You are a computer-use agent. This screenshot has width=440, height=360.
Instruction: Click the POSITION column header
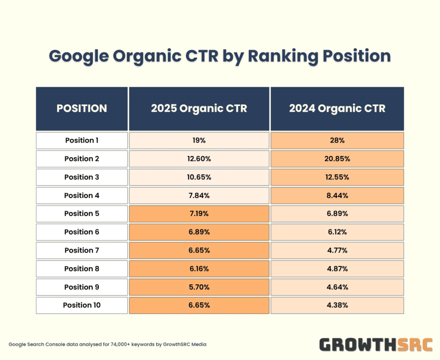[x=82, y=109]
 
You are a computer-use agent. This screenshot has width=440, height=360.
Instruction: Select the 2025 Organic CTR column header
[x=199, y=109]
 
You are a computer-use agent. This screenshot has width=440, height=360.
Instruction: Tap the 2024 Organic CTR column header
[x=337, y=109]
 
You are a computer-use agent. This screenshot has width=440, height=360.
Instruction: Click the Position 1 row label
[x=82, y=140]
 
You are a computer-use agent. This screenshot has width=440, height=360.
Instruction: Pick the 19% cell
[x=199, y=140]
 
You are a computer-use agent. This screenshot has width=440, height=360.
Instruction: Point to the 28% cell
[x=337, y=140]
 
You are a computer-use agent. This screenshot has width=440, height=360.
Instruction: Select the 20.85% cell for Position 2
[x=337, y=159]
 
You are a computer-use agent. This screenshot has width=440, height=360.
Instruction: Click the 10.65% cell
[x=199, y=177]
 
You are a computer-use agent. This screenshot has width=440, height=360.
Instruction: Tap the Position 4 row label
[x=82, y=195]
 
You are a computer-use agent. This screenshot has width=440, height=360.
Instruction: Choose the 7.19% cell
[x=199, y=214]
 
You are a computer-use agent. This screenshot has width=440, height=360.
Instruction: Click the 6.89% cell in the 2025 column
[x=199, y=232]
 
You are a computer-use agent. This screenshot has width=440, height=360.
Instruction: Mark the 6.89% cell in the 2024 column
[x=337, y=214]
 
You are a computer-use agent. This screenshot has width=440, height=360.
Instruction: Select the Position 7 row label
[x=82, y=250]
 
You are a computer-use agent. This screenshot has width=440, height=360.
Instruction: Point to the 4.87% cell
[x=337, y=269]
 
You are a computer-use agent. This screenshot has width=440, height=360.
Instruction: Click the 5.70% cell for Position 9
[x=199, y=287]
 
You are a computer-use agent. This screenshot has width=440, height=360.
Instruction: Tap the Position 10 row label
[x=82, y=305]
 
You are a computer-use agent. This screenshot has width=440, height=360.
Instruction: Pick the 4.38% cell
[x=337, y=305]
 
